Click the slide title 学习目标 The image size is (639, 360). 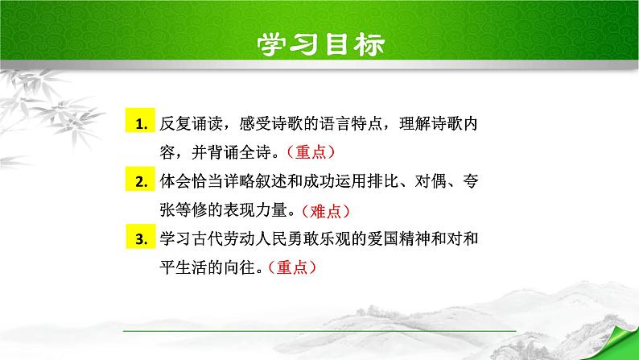click(x=320, y=43)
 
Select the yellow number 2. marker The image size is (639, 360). click(x=142, y=183)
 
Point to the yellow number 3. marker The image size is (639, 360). click(x=142, y=240)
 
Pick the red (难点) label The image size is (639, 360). click(x=326, y=211)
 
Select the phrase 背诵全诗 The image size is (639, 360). click(x=242, y=153)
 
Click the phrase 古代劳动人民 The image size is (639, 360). click(x=233, y=240)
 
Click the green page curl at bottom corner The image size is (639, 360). click(x=620, y=342)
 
